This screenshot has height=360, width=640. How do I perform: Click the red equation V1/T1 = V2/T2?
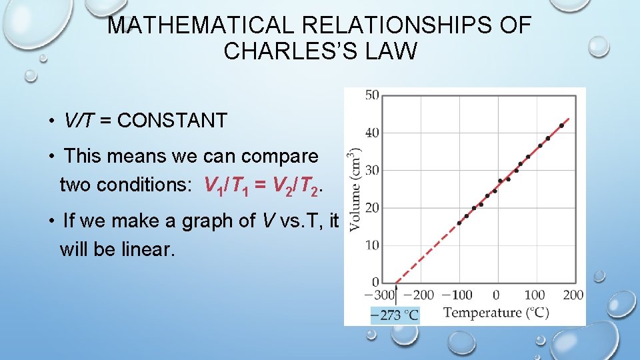click(263, 185)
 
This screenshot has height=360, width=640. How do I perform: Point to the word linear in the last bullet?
click(151, 249)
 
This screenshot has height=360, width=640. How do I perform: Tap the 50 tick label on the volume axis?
click(371, 95)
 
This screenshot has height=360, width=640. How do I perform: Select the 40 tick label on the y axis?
click(371, 133)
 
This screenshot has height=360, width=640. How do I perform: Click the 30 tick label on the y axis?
click(371, 170)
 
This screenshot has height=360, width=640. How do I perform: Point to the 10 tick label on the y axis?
click(371, 245)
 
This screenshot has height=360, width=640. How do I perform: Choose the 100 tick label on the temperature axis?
click(534, 295)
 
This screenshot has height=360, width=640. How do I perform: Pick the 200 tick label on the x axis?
click(573, 295)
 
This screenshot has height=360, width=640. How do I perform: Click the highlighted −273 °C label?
click(395, 315)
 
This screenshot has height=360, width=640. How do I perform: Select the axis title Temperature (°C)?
click(496, 313)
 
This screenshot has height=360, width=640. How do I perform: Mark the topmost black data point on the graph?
click(561, 125)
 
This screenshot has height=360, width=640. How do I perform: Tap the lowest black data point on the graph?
click(459, 223)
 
